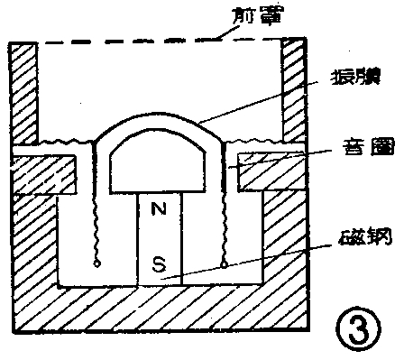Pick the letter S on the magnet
(159, 266)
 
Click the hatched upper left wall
(24, 90)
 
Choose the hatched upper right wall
(293, 90)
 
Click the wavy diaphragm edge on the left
(63, 142)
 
